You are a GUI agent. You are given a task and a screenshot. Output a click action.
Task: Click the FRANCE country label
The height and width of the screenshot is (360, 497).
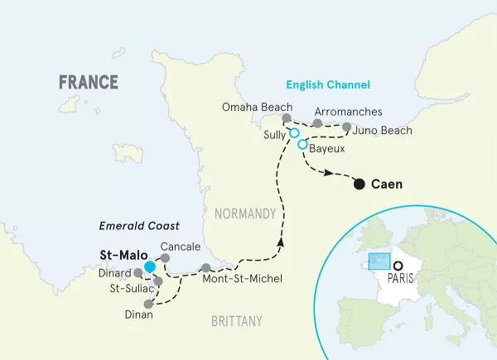click(88, 82)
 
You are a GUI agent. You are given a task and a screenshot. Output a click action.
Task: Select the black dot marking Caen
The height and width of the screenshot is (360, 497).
click(359, 184)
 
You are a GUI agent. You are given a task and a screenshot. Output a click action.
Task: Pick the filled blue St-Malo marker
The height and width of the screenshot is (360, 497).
click(149, 266)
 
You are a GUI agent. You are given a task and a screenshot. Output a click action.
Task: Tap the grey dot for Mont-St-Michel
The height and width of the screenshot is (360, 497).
click(205, 267)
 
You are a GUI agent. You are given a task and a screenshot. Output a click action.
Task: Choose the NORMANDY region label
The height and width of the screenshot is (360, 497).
click(244, 214)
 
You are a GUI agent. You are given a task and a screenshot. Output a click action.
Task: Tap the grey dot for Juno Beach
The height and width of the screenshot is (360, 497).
click(346, 127)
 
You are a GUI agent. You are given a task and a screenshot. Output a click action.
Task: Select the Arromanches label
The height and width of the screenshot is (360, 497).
click(349, 111)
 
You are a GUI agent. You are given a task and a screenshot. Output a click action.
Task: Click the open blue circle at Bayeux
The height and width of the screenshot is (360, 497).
click(302, 145)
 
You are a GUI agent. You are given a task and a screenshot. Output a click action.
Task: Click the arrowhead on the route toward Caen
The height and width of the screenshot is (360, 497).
click(329, 173)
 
